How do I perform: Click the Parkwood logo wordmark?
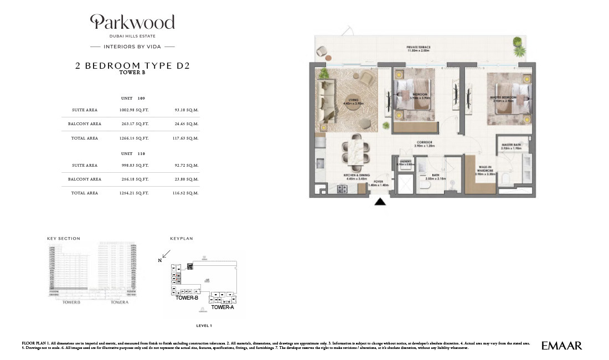132,22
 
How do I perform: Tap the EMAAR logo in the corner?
562,346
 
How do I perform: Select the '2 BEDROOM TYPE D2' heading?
132,65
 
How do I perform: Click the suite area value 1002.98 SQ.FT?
134,110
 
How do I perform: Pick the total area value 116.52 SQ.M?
186,193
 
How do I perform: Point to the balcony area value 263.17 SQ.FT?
134,124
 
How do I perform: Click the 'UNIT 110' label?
133,153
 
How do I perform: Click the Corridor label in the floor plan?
424,144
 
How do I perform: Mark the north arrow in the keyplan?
166,254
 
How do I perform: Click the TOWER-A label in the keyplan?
223,307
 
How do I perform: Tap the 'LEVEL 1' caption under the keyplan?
205,326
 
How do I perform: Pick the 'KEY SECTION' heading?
64,239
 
